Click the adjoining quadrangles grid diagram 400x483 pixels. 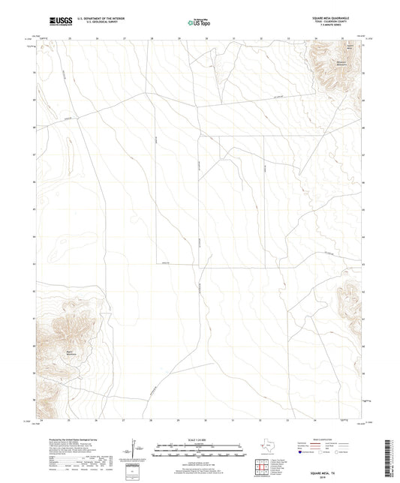click(x=263, y=469)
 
